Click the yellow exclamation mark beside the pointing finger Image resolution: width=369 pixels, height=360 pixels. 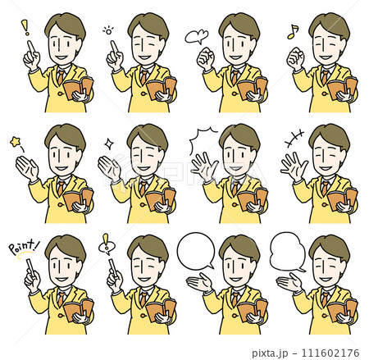point(25,27)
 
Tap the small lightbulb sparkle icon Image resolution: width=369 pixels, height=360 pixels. point(108,30)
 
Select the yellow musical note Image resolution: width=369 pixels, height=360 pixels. point(293,32)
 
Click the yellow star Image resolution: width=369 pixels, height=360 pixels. point(16,142)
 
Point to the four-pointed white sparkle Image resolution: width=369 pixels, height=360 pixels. point(109,144)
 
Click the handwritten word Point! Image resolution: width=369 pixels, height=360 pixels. point(24,247)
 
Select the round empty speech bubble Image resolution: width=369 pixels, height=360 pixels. point(196,251)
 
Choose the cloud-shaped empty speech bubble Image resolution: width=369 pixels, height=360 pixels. point(287,252)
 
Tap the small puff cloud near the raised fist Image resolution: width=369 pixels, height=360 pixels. point(196,37)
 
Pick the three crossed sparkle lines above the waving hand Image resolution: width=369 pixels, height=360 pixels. point(294,138)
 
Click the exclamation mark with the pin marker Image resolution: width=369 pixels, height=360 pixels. point(106,244)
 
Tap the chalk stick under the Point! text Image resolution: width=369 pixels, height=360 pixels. point(30,267)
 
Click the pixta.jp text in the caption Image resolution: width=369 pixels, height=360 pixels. point(270,353)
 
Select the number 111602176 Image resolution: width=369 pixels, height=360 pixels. point(330,353)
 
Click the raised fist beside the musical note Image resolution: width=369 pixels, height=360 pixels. point(295,58)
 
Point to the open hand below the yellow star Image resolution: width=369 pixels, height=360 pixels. point(27,168)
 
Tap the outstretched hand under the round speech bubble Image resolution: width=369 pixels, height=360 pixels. point(199,282)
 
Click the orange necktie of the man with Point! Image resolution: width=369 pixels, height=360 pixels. point(61,299)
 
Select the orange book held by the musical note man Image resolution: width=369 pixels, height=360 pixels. point(342,87)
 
